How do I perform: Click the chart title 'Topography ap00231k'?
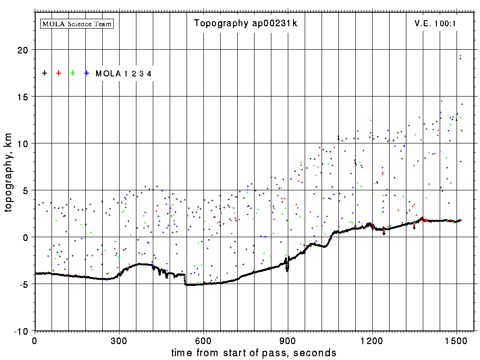246,23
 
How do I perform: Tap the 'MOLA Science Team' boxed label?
77,23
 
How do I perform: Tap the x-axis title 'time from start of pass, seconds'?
254,352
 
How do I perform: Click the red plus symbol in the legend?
59,73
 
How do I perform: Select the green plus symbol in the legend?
73,73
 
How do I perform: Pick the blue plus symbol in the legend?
87,73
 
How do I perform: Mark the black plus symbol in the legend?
45,73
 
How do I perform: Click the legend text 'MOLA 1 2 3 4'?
123,74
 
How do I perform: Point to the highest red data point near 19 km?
460,56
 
